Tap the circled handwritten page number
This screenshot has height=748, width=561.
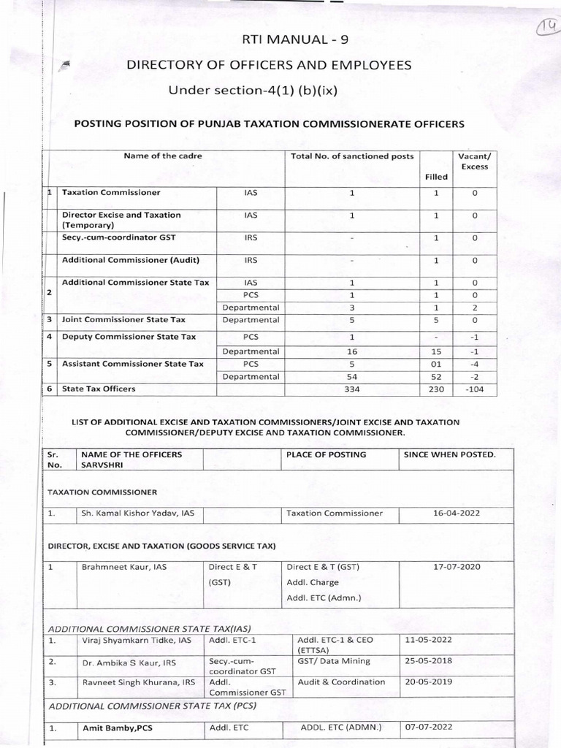point(546,27)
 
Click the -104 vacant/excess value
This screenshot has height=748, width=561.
point(473,389)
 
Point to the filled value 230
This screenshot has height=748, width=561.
point(437,389)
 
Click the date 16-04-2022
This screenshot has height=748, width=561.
point(454,514)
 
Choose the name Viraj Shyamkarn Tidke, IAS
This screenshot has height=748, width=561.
point(136,640)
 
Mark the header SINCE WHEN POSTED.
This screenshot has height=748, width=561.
point(449,454)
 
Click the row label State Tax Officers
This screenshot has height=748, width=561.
point(99,389)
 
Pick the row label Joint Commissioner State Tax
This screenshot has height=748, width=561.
point(123,320)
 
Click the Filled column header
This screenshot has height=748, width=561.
point(436,177)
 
